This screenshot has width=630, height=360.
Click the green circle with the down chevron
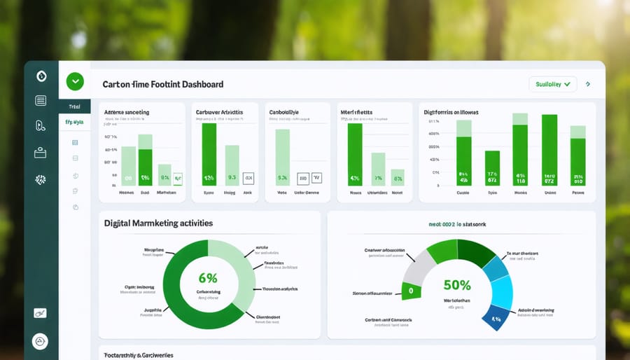(x=74, y=81)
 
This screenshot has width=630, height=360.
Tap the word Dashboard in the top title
(x=203, y=84)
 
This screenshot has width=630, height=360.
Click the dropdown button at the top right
(x=552, y=84)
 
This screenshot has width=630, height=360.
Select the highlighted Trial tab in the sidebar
(x=74, y=106)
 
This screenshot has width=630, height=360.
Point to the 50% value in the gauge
(x=456, y=285)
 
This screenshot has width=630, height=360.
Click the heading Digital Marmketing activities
(x=158, y=223)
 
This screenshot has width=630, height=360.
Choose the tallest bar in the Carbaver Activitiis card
(x=209, y=154)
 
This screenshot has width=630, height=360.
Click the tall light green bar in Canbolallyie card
(x=283, y=157)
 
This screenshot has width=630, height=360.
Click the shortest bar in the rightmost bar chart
(x=492, y=168)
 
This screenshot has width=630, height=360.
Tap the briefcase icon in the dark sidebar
(x=41, y=152)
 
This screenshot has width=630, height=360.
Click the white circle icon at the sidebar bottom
(x=41, y=341)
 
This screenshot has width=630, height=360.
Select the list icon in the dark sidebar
(x=41, y=101)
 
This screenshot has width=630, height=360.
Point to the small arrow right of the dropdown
(x=588, y=84)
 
